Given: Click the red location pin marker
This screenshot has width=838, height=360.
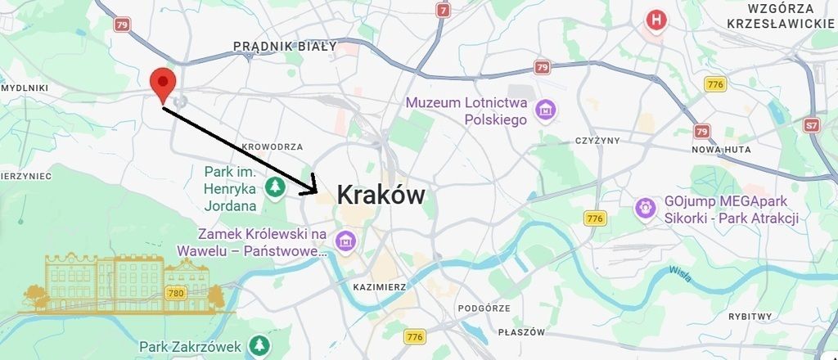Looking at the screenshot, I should (x=164, y=84).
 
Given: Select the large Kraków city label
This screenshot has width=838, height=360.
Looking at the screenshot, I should (x=381, y=196).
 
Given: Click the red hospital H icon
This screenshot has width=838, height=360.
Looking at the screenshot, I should (x=656, y=20).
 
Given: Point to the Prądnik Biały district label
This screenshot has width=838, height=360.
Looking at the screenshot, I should (x=285, y=47).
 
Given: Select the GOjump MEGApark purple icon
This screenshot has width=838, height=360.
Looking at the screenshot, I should (x=646, y=209).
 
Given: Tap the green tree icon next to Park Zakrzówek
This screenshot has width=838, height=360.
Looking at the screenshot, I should (x=259, y=344).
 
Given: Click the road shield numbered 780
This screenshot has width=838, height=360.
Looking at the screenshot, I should (x=175, y=292).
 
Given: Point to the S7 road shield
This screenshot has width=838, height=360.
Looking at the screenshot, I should (x=811, y=125).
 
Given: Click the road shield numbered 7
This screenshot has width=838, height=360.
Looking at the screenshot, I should (x=444, y=11).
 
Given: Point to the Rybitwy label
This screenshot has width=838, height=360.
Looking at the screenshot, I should (x=750, y=316).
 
